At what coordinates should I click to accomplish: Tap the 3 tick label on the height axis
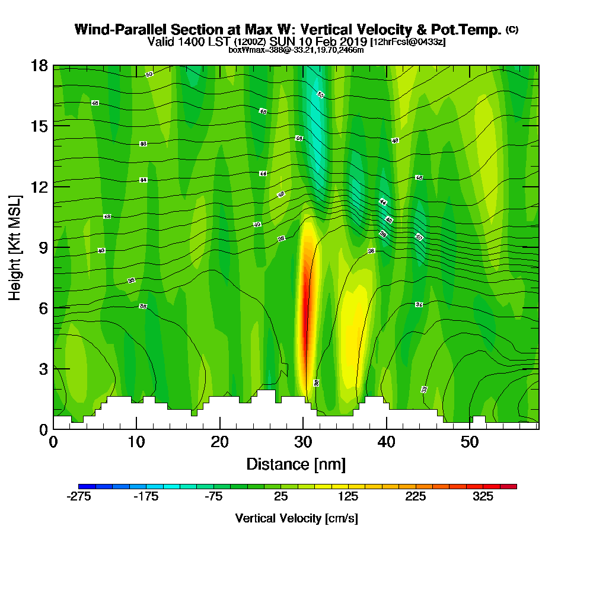click(x=42, y=368)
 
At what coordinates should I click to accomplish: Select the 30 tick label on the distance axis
click(x=303, y=442)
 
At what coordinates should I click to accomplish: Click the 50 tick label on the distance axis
click(x=470, y=442)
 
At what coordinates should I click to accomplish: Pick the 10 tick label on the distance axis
click(x=136, y=442)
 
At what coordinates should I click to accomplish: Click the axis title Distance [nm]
click(x=296, y=464)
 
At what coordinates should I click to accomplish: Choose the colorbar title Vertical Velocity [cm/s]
click(x=296, y=518)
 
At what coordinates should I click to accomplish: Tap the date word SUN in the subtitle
click(x=282, y=42)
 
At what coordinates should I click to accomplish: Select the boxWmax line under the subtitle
click(x=296, y=50)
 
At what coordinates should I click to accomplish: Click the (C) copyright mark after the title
click(x=512, y=30)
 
